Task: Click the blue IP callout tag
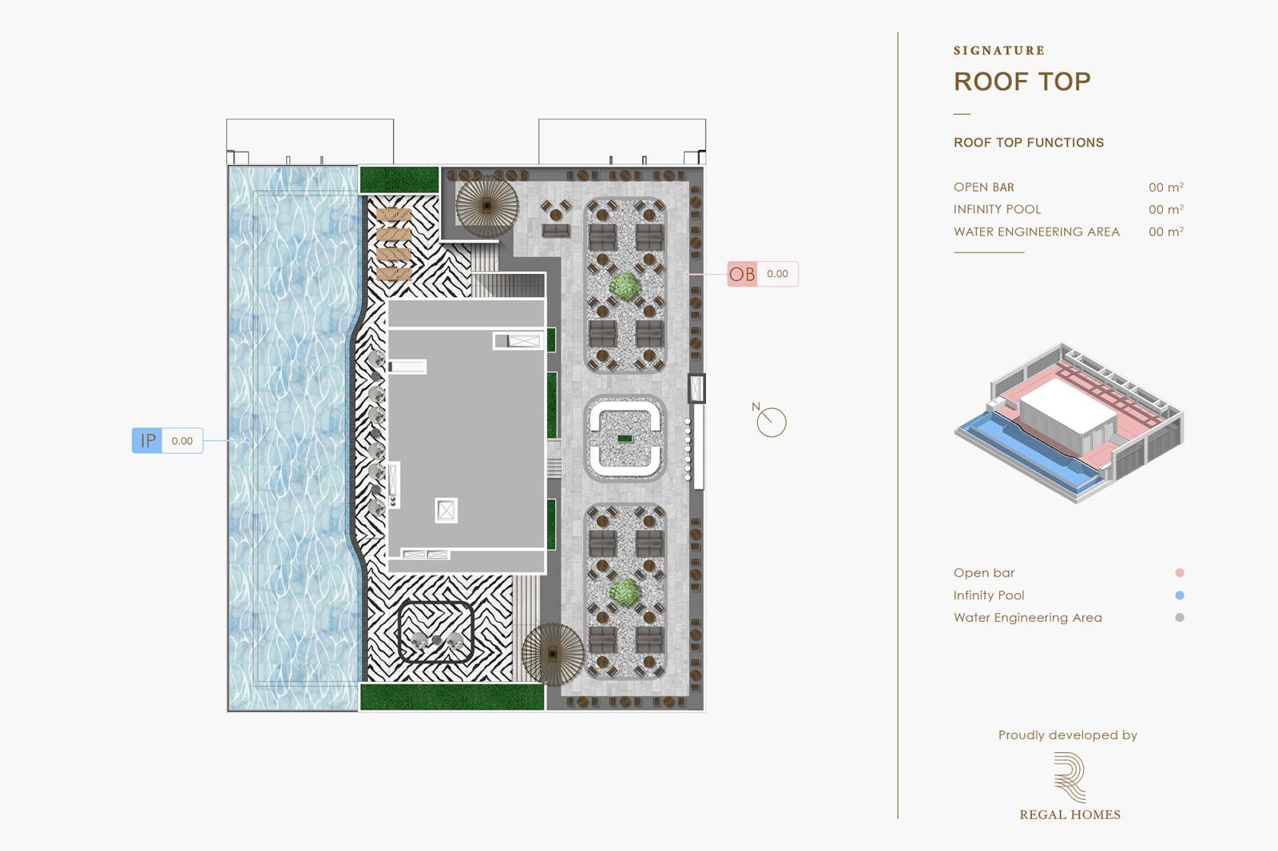pyautogui.click(x=148, y=441)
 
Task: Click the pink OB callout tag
pyautogui.click(x=742, y=274)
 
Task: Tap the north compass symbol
pyautogui.click(x=771, y=422)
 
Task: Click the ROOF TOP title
pyautogui.click(x=1022, y=81)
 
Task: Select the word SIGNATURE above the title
pyautogui.click(x=999, y=50)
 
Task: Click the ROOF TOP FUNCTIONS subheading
pyautogui.click(x=1028, y=143)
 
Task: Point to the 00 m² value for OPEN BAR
pyautogui.click(x=1165, y=188)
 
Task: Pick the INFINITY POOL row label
pyautogui.click(x=997, y=209)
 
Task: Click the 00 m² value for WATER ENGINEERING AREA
pyautogui.click(x=1165, y=232)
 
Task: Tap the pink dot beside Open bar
pyautogui.click(x=1179, y=572)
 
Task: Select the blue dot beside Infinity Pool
pyautogui.click(x=1179, y=595)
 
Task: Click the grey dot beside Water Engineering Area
pyautogui.click(x=1179, y=617)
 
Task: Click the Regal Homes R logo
pyautogui.click(x=1070, y=777)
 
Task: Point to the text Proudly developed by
pyautogui.click(x=1067, y=735)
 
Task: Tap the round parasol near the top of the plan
pyautogui.click(x=486, y=205)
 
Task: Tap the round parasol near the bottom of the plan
pyautogui.click(x=553, y=654)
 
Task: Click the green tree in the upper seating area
pyautogui.click(x=625, y=285)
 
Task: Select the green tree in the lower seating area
pyautogui.click(x=625, y=592)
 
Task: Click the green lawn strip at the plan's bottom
pyautogui.click(x=451, y=697)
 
